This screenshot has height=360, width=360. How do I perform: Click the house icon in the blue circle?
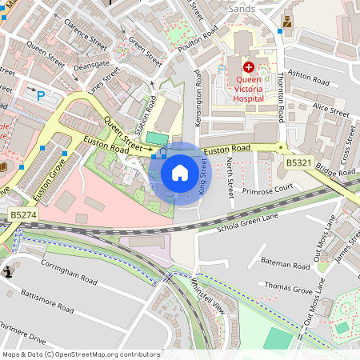[x=180, y=173]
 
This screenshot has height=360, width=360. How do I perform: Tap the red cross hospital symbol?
[x=248, y=67]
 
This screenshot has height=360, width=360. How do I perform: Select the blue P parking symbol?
[x=40, y=95]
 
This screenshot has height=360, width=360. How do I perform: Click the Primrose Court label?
[x=270, y=189]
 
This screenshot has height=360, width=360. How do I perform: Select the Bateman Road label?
[x=286, y=262]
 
